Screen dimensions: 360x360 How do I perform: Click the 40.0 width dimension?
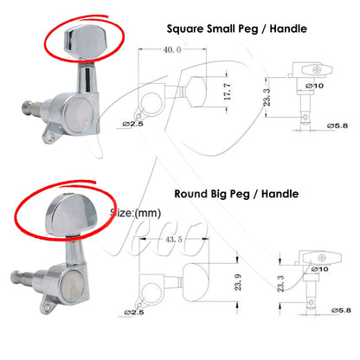(172, 50)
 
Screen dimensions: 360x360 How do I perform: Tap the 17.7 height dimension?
(228, 92)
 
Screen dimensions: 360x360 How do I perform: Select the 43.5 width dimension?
(174, 240)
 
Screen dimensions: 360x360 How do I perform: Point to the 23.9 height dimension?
(238, 282)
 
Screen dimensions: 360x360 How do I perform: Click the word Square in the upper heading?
(185, 29)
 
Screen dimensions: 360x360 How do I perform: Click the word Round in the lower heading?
(190, 194)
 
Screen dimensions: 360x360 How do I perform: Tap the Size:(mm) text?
(135, 213)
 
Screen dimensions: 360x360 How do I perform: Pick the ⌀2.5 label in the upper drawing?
(132, 124)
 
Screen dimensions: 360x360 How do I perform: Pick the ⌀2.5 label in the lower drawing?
(134, 312)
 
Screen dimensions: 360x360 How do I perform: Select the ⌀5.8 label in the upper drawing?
(337, 125)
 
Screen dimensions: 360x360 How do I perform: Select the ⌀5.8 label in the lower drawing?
(341, 311)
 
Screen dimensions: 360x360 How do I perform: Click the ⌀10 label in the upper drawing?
(315, 86)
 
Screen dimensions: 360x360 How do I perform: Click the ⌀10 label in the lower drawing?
(319, 269)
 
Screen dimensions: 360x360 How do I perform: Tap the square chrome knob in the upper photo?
(85, 42)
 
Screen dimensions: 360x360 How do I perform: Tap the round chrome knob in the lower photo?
(71, 215)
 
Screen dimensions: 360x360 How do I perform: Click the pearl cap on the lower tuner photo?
(73, 289)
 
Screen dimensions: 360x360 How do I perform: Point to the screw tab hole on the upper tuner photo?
(51, 136)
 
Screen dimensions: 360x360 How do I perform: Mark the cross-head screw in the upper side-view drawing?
(317, 69)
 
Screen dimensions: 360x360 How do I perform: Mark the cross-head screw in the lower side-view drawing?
(323, 258)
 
